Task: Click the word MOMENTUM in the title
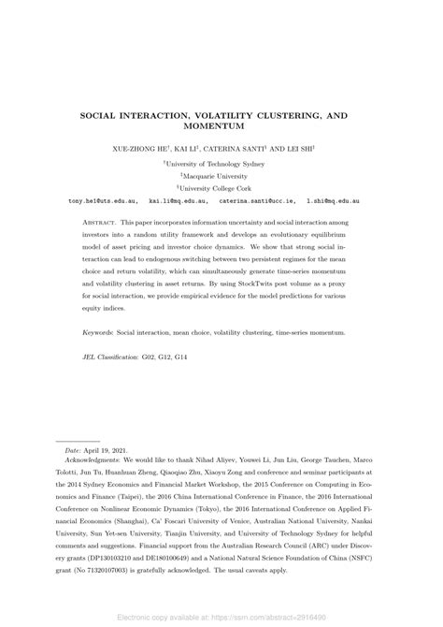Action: coord(221,125)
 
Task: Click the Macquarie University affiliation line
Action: coord(221,174)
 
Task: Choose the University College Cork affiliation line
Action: coord(221,187)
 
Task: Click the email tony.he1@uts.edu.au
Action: coord(105,200)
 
